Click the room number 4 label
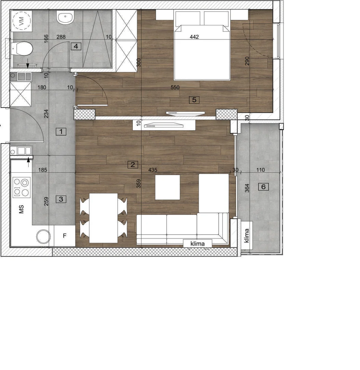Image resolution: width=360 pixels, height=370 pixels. (x=76, y=46)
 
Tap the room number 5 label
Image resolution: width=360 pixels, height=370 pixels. (x=194, y=100)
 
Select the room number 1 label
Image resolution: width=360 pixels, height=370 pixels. (x=61, y=132)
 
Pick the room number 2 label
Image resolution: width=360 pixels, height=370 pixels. (x=133, y=164)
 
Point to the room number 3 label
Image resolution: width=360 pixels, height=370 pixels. (x=61, y=199)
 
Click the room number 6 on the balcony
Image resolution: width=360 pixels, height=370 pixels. (x=263, y=187)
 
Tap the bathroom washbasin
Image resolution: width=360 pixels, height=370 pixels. (x=65, y=17)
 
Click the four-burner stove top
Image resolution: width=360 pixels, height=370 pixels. (x=22, y=187)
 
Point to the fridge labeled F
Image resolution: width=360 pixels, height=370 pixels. (x=65, y=236)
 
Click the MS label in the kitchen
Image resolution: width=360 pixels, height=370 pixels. (x=21, y=209)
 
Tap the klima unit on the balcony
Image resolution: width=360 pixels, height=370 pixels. (x=247, y=235)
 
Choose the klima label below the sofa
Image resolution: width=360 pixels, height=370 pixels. (x=197, y=244)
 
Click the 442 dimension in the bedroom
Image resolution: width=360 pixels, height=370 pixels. (x=194, y=37)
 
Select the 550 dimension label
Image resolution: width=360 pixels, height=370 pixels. (x=175, y=87)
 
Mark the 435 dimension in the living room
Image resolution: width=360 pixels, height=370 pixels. (x=153, y=170)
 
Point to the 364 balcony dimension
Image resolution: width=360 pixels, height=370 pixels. (x=247, y=188)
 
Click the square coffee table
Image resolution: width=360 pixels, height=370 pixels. (x=167, y=187)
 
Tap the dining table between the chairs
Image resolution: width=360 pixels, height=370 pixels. (x=103, y=218)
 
